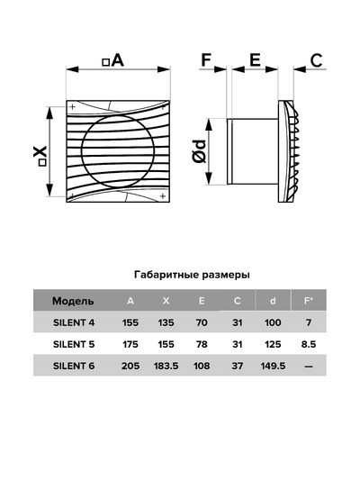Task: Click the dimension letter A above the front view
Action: click(x=118, y=60)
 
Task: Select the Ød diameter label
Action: click(x=200, y=151)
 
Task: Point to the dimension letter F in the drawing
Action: click(x=206, y=59)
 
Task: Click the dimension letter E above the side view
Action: click(x=255, y=59)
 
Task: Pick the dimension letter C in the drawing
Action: click(x=316, y=60)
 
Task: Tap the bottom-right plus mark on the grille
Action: click(x=163, y=196)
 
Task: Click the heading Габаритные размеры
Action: click(x=192, y=275)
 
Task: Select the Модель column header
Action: click(x=73, y=301)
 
